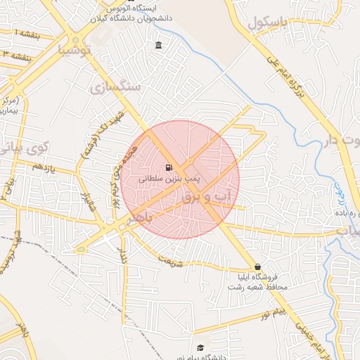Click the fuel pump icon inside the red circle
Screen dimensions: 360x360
click(x=168, y=167)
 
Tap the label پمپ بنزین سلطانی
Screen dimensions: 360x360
click(x=169, y=179)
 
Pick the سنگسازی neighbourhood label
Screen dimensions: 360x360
click(x=117, y=87)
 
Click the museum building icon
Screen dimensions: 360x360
click(x=157, y=46)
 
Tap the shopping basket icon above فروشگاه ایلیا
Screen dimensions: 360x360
click(x=259, y=267)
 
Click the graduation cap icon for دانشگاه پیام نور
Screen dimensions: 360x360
click(x=200, y=348)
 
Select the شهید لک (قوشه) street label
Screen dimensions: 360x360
click(x=102, y=134)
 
